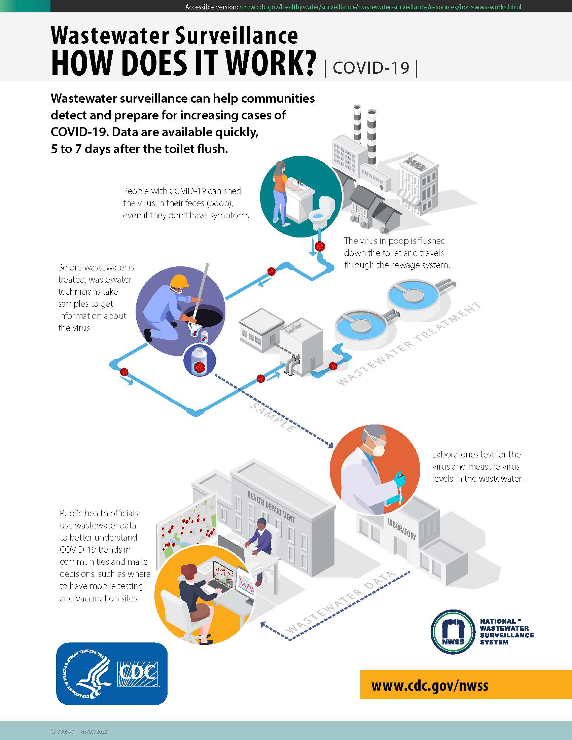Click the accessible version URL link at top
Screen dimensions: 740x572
(x=380, y=7)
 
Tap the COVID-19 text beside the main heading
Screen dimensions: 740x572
(x=371, y=68)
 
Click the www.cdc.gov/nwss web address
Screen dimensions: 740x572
(x=430, y=686)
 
